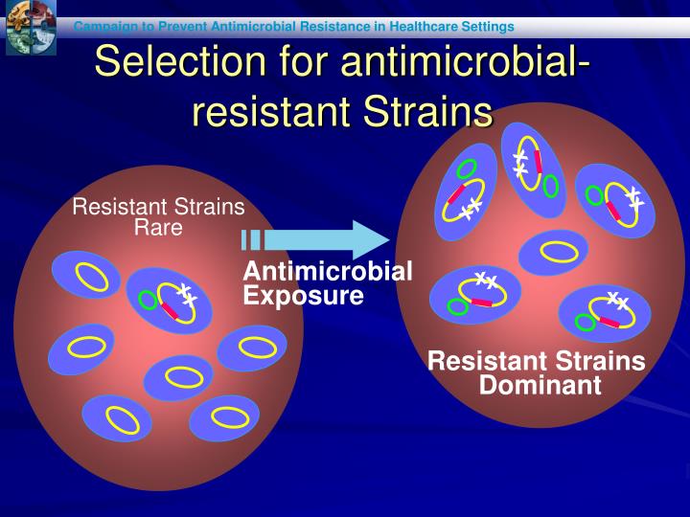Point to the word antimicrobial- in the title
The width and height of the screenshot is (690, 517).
[x=465, y=62]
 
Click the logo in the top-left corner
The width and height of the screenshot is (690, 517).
[x=30, y=27]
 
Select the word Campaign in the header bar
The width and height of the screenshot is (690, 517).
[x=107, y=26]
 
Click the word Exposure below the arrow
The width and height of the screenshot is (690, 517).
[x=303, y=296]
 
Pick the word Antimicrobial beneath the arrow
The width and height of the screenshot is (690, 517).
[x=328, y=272]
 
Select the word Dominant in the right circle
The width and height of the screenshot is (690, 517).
[x=540, y=386]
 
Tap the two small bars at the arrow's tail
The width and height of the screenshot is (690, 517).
[x=250, y=239]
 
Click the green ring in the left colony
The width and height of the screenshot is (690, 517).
[x=148, y=300]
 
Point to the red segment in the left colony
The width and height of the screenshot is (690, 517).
[x=170, y=310]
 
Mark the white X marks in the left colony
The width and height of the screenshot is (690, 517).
[x=187, y=294]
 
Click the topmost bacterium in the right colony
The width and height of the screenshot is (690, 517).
[x=533, y=169]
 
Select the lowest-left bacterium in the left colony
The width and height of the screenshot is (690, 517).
[x=116, y=418]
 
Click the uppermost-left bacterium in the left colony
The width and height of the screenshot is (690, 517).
[x=88, y=276]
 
